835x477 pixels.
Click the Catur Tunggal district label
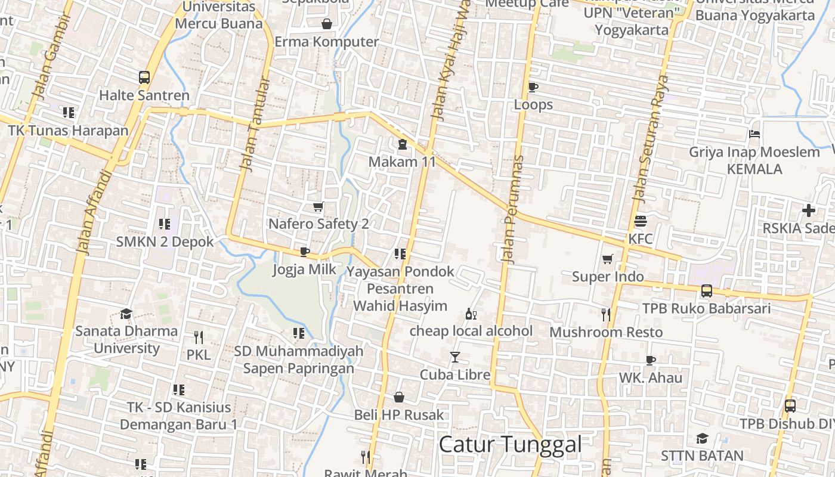click(x=510, y=444)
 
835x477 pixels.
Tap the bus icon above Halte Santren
click(x=144, y=78)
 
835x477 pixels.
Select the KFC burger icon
click(x=641, y=221)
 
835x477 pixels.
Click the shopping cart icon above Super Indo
click(x=608, y=259)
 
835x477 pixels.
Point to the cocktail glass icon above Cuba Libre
click(x=455, y=357)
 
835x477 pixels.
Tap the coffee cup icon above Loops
click(x=533, y=88)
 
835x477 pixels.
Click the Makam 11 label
click(x=402, y=162)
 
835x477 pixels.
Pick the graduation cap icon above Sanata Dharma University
click(x=126, y=314)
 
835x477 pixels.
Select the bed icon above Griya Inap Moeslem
click(x=754, y=134)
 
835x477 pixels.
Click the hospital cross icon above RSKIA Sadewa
click(x=809, y=210)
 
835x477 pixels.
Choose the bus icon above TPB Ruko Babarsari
click(x=707, y=291)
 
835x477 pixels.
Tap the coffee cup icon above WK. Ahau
click(x=650, y=360)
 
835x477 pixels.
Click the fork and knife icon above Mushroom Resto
click(x=606, y=314)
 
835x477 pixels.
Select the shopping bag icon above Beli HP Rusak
click(x=399, y=397)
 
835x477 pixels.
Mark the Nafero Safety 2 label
click(x=318, y=224)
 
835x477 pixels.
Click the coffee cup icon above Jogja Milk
click(x=305, y=252)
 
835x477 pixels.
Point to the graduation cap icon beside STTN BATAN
click(x=702, y=439)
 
